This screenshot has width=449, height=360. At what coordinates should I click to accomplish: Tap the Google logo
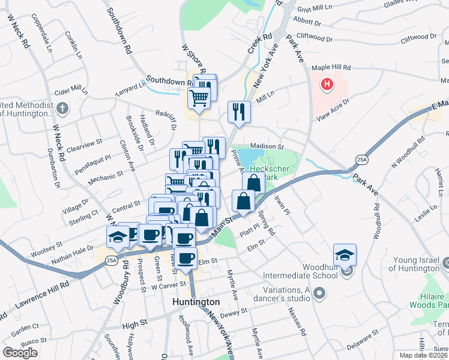[20, 353]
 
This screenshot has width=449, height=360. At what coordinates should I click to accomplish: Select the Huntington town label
[196, 302]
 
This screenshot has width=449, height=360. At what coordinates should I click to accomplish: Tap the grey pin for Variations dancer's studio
[319, 293]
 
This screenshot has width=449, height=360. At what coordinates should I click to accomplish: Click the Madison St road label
[267, 146]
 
